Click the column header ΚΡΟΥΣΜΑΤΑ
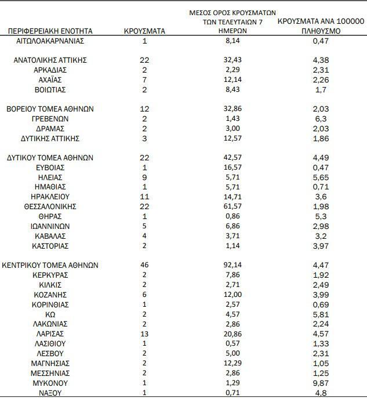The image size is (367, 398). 145,31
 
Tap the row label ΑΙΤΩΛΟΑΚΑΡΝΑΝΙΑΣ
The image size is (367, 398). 50,41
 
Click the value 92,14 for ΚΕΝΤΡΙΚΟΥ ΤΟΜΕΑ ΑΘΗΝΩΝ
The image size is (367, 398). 232,265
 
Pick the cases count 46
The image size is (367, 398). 144,265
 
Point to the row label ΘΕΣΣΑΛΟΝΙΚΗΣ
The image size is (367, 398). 50,206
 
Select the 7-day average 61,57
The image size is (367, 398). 232,206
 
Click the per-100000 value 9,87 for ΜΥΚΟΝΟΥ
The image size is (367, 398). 321,383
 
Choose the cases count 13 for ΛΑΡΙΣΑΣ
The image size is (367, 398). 144,334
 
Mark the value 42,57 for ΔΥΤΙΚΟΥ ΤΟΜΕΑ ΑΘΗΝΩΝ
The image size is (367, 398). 232,157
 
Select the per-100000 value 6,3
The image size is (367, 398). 321,119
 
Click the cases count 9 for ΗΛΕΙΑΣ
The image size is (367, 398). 144,177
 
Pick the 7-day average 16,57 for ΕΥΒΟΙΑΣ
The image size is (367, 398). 232,167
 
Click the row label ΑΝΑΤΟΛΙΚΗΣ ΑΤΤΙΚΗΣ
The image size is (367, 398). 50,60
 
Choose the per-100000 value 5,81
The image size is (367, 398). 321,314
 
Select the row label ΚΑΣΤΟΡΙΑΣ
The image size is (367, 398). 50,245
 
